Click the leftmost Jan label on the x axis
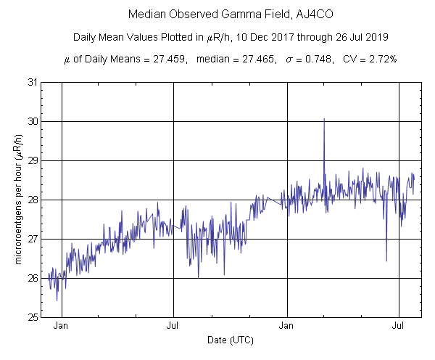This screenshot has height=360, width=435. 62,327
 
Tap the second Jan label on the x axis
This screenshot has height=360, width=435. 289,327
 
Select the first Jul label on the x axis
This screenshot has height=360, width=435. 173,327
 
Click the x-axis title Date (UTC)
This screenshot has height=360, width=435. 231,340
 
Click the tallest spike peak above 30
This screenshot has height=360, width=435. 324,118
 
